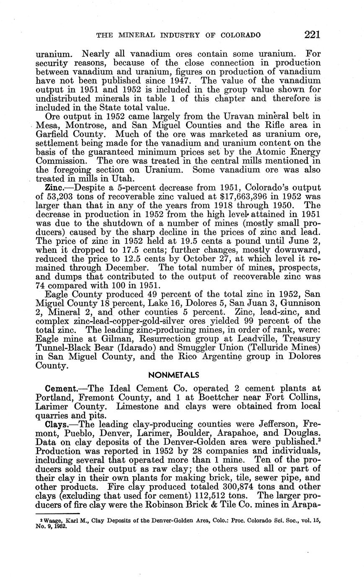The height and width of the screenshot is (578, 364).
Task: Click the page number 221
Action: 312,35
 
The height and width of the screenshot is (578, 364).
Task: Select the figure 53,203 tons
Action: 66,196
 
